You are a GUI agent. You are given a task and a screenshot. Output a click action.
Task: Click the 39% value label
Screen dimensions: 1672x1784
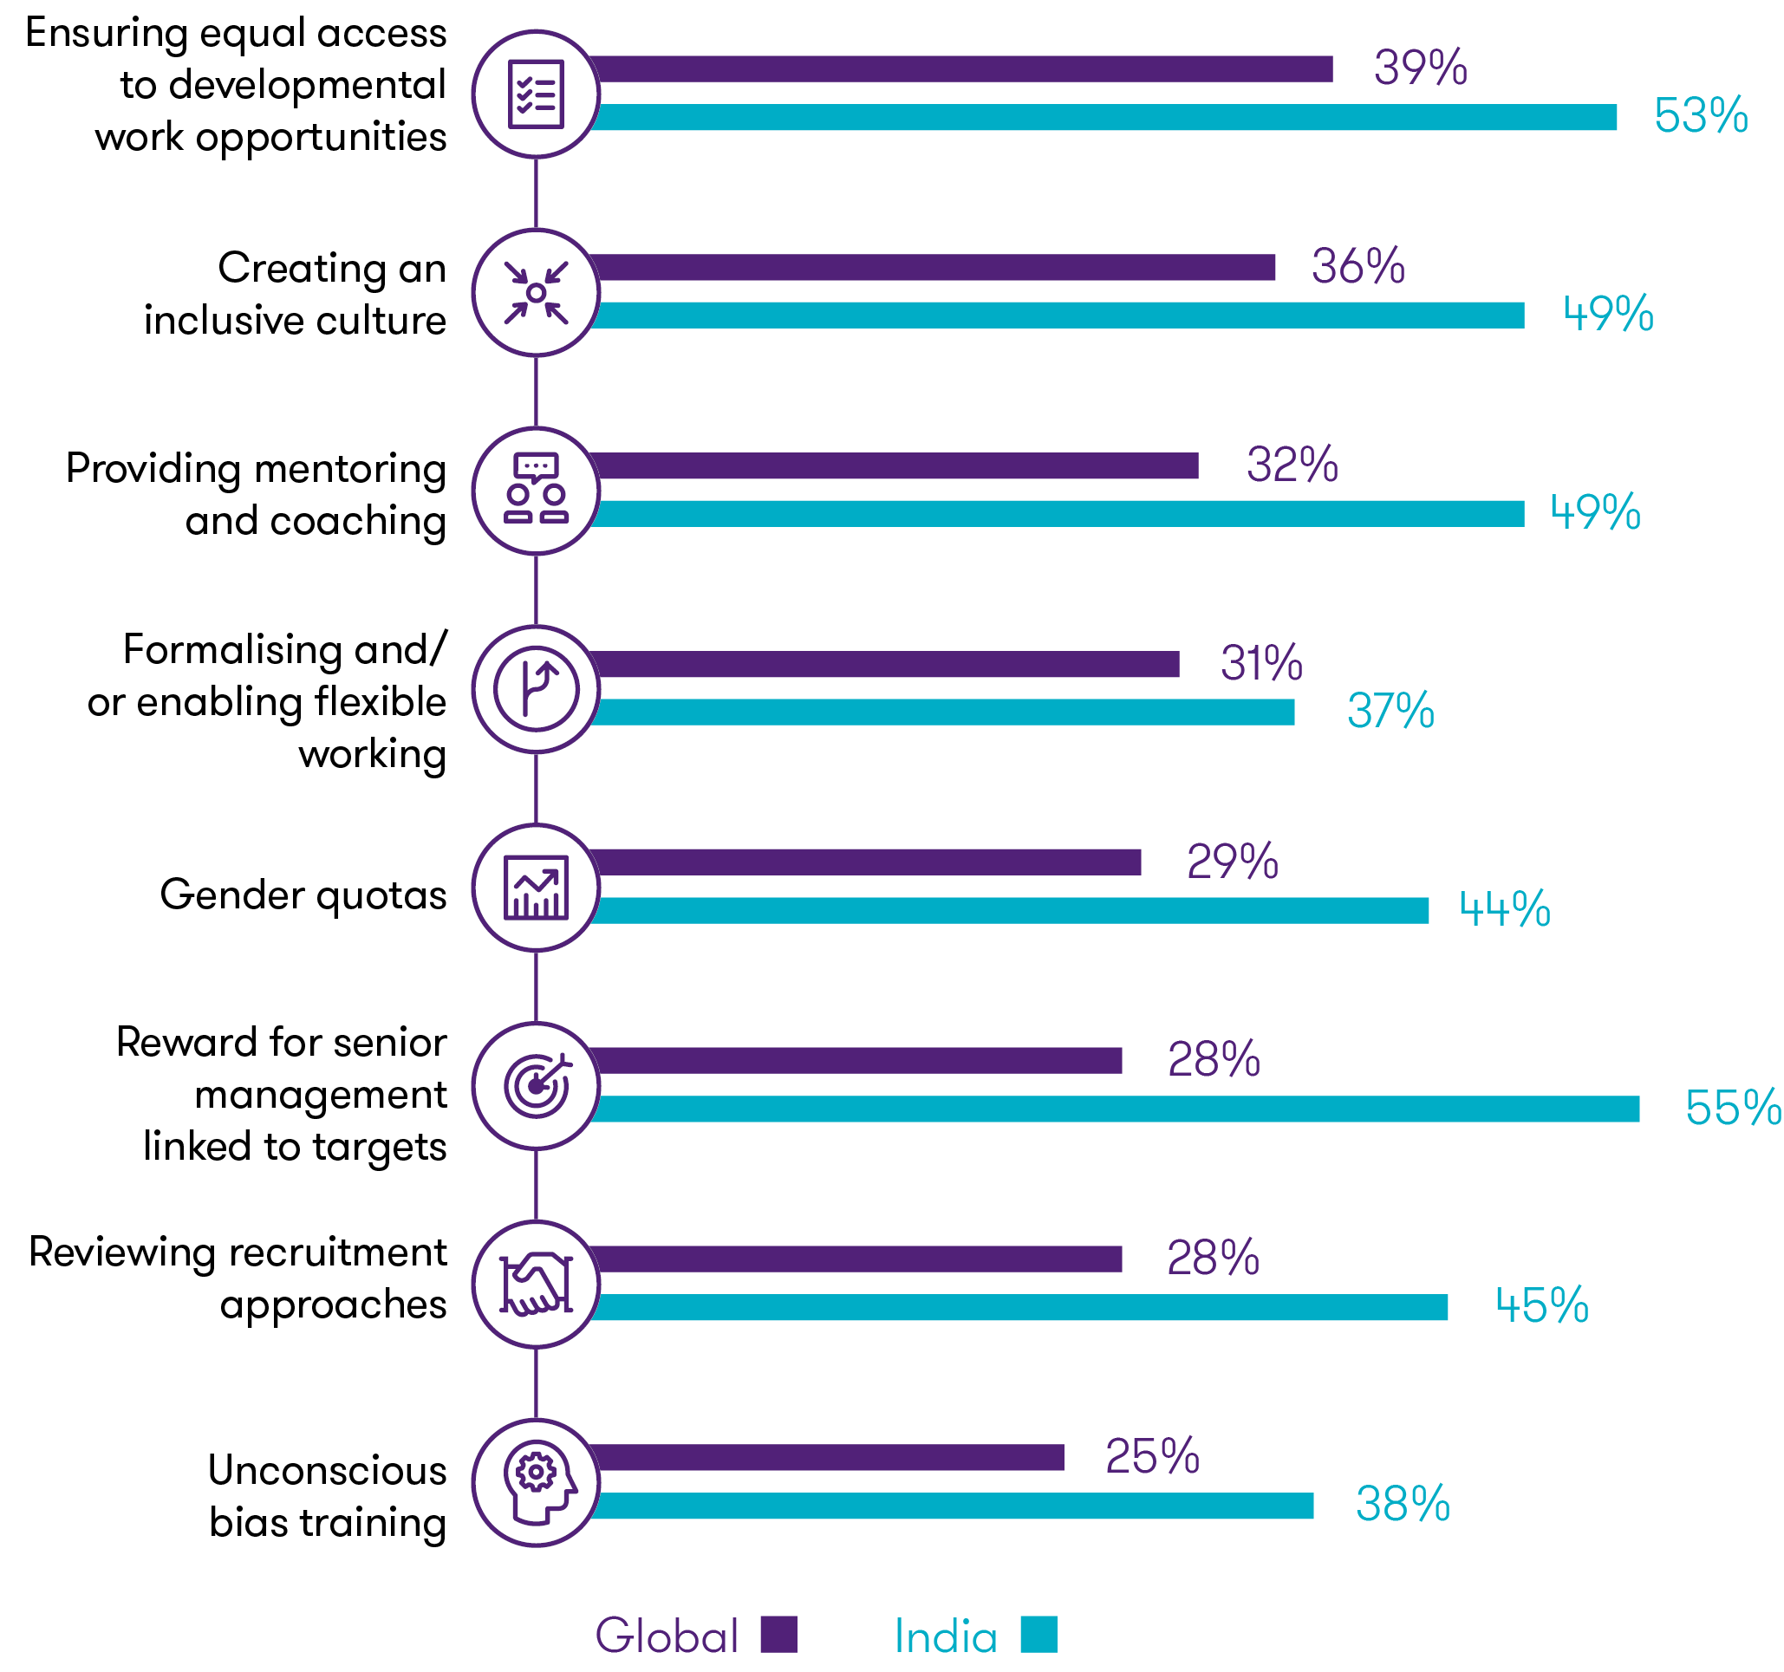(1420, 68)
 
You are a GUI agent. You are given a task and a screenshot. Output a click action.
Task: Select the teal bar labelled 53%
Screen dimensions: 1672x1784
(1104, 118)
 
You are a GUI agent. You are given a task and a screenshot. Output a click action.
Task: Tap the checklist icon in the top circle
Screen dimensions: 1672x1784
(536, 94)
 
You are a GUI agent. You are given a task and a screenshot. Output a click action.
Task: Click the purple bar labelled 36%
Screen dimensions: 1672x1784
(934, 268)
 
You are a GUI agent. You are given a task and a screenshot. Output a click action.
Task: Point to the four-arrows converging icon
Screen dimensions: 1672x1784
(536, 293)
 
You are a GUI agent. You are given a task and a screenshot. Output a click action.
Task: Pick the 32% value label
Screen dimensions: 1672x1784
(1292, 465)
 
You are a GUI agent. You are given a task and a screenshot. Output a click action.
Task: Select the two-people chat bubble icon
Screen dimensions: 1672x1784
(536, 490)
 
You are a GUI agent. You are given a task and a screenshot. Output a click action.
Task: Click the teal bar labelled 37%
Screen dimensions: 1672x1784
(942, 712)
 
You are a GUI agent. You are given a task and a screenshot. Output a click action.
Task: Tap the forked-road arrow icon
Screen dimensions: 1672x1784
(536, 689)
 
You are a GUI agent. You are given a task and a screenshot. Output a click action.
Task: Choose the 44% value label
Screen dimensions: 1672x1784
(1504, 909)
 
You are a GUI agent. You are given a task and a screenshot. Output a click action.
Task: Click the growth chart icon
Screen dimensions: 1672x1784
(536, 888)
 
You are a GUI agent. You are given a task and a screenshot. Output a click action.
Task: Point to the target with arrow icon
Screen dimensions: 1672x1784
(536, 1086)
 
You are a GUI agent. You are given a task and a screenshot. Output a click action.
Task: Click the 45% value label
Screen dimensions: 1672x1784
(1540, 1306)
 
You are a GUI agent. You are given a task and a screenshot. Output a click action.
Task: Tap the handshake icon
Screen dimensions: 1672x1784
(536, 1285)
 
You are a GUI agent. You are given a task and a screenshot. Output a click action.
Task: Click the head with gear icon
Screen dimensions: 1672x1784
(536, 1483)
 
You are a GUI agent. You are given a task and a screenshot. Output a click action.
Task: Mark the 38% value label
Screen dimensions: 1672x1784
(1402, 1504)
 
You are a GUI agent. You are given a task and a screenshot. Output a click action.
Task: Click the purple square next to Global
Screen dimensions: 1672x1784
(778, 1635)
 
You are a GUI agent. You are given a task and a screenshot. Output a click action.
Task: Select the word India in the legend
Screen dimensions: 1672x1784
(945, 1636)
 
